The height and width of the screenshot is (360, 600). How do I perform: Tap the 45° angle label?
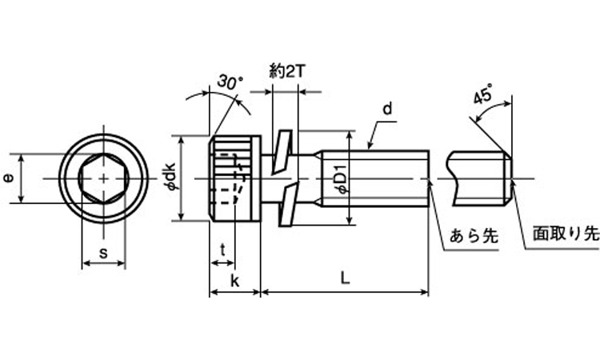(x=482, y=96)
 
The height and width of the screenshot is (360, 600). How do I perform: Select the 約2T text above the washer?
(x=286, y=71)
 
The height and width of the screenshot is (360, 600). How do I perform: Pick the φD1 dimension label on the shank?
(x=340, y=178)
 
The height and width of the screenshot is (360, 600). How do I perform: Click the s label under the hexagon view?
(x=102, y=253)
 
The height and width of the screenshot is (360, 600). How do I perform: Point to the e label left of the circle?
(x=8, y=179)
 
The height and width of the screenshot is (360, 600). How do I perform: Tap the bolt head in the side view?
(x=235, y=178)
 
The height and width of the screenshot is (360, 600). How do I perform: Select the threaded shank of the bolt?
(x=376, y=178)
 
